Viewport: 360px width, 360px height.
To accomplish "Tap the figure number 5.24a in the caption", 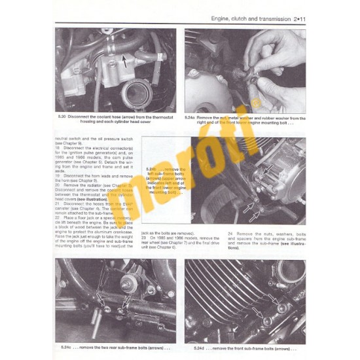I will click(x=191, y=117).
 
